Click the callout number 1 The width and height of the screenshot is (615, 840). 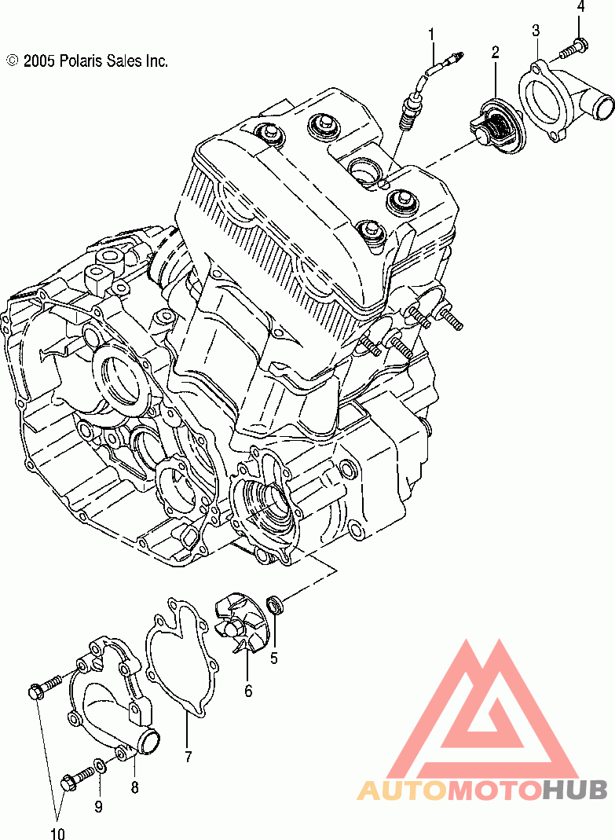coord(431,35)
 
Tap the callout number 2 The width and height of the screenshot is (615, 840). coord(495,52)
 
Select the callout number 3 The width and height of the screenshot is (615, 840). coord(536,31)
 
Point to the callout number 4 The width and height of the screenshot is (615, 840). coord(580,7)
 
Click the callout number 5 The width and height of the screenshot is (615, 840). coord(274,658)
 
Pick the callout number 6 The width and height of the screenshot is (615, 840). coord(248,691)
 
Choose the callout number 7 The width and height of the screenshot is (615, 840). coord(188,757)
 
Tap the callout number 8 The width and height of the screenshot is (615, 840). coord(134,787)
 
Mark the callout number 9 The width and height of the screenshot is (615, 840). coord(98,806)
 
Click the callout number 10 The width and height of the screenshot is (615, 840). coord(57,833)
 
